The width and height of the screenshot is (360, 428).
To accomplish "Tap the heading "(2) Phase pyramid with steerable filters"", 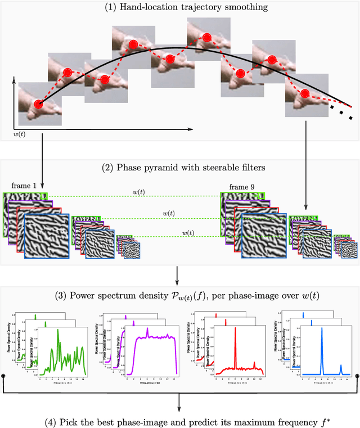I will pos(179,167).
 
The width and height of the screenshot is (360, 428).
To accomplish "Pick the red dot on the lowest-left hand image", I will pos(38,104).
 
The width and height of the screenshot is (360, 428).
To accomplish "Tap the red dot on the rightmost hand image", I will pos(305,93).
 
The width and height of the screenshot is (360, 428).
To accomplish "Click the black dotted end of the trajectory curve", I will pos(343,112).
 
